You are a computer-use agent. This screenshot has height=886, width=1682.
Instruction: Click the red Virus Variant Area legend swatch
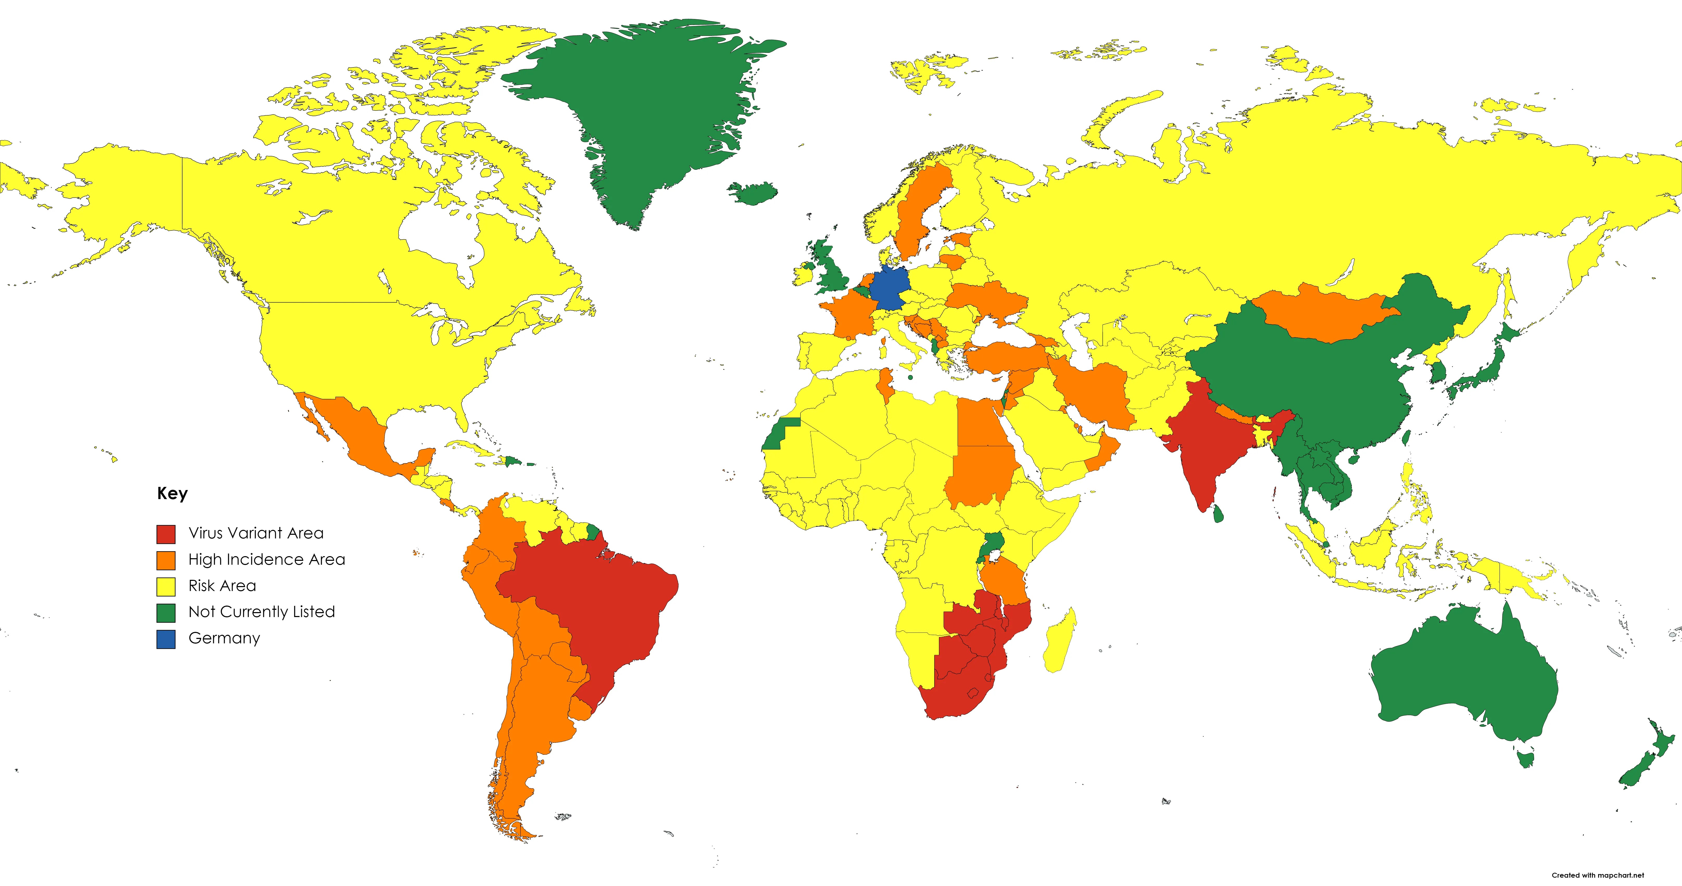coord(166,534)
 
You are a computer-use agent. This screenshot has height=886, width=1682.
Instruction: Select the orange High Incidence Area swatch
coord(166,560)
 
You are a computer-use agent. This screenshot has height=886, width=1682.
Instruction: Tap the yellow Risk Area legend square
coord(166,586)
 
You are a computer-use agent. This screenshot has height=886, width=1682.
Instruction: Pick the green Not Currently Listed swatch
coord(166,612)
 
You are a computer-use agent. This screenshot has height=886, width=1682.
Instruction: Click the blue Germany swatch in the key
coord(166,639)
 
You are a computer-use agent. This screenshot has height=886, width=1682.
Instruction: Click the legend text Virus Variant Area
coord(256,533)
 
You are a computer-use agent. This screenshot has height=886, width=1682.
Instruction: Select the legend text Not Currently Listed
coord(261,612)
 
